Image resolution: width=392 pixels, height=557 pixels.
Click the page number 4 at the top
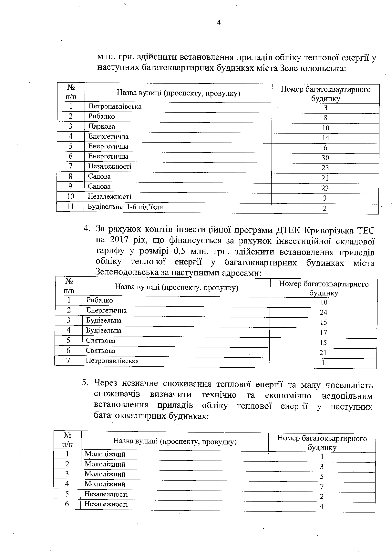tap(219, 22)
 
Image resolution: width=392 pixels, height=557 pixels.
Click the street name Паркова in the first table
tap(102, 126)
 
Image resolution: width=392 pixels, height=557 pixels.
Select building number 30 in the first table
tap(325, 158)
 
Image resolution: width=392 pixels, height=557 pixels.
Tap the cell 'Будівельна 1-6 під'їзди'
tap(125, 207)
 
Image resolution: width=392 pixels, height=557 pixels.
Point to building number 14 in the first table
tap(325, 138)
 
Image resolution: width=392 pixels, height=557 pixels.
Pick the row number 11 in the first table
tap(70, 207)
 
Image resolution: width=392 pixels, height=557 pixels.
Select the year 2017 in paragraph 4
tap(120, 241)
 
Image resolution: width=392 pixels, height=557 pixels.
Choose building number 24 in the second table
tap(324, 312)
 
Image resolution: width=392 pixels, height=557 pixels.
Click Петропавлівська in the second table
tap(112, 361)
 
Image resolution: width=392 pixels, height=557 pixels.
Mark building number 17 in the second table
tap(324, 332)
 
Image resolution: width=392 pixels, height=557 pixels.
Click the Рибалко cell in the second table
tap(99, 300)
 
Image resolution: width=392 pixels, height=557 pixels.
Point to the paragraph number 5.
tap(85, 383)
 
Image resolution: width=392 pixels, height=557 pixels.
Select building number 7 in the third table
tap(322, 486)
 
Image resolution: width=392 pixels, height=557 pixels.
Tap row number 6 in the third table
tap(67, 504)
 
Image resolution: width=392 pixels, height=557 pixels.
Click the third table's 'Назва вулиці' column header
tap(175, 442)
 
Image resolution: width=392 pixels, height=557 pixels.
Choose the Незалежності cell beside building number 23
tap(109, 166)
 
